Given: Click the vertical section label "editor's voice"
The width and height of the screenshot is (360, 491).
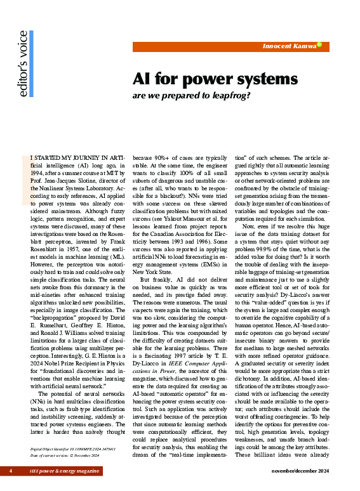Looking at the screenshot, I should [23, 63].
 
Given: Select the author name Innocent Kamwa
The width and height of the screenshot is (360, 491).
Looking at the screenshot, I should [289, 46].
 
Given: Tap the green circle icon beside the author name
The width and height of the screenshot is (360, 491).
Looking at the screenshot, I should [319, 44].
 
